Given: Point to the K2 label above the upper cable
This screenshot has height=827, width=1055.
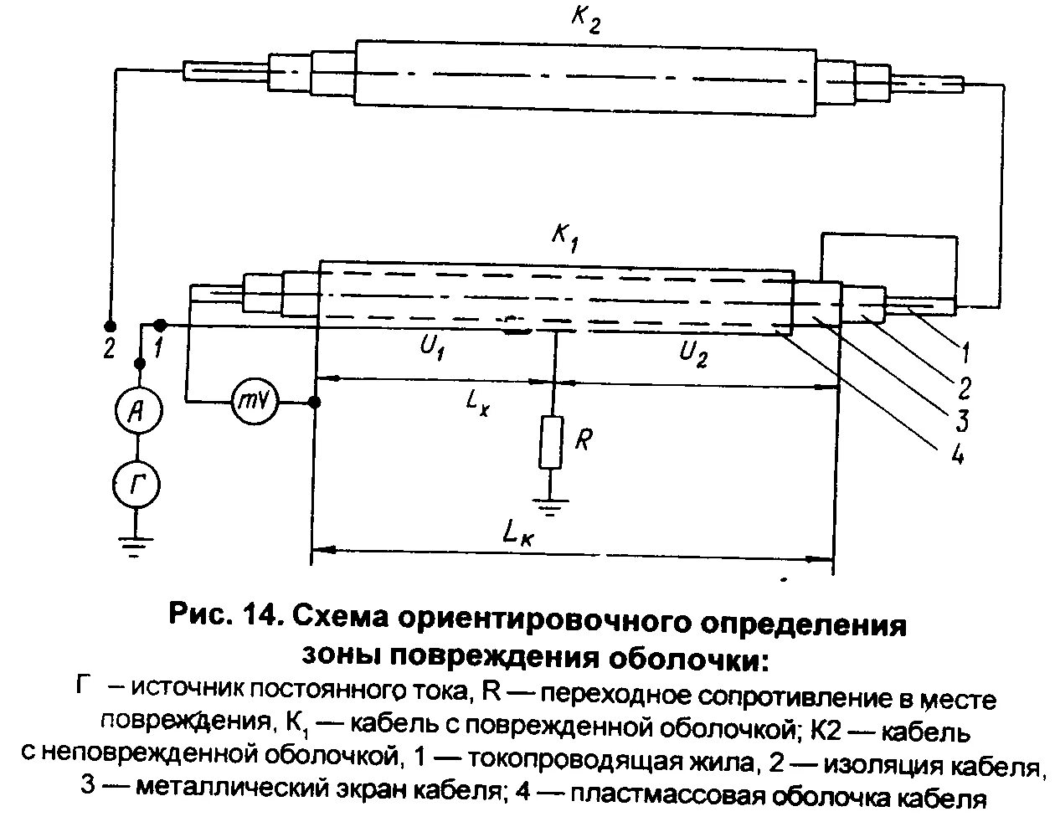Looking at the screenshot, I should click(x=585, y=20).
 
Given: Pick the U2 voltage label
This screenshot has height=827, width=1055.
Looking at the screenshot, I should click(x=692, y=355).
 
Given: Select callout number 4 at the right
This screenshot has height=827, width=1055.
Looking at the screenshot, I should click(x=958, y=455).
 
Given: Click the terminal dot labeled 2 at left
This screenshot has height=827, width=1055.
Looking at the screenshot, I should click(x=109, y=325).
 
